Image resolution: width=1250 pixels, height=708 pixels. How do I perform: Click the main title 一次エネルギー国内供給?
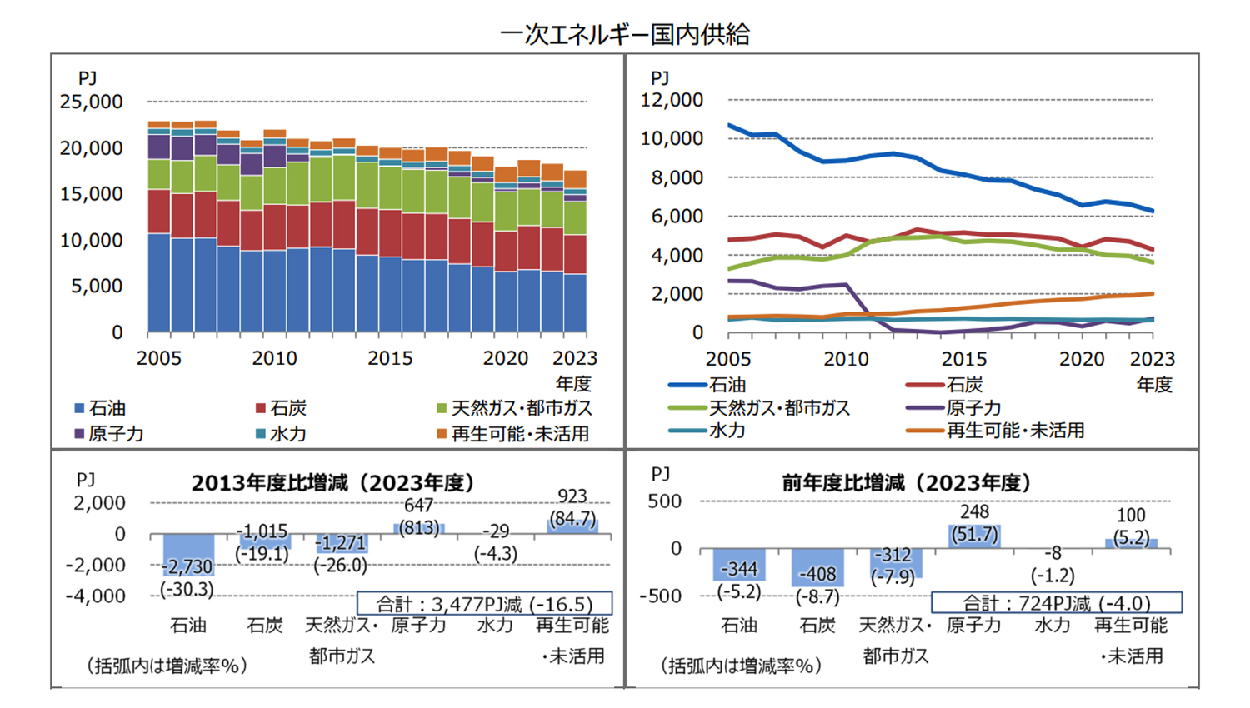625,34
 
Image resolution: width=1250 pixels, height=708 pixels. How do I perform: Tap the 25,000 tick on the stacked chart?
91,102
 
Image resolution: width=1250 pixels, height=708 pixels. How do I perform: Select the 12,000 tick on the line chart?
672,100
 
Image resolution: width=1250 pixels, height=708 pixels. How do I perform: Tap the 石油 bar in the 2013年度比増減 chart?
188,555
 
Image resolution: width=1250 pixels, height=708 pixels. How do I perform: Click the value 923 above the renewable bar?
572,496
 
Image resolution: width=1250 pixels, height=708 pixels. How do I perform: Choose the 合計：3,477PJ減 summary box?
484,603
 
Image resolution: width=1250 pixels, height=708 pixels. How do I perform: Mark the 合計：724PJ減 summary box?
1056,603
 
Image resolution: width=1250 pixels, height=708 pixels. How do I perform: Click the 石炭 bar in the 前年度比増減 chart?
817,567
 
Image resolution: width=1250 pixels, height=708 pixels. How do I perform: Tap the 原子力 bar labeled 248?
974,536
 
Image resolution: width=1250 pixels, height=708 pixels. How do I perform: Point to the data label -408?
817,574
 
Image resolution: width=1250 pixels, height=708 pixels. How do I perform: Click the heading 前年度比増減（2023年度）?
906,483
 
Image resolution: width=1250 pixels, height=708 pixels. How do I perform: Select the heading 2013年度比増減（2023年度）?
333,483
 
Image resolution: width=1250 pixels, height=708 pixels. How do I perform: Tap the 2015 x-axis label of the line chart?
964,359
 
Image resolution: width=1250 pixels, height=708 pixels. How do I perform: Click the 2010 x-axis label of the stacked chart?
274,358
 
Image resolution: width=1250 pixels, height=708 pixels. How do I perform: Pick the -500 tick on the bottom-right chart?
660,596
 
